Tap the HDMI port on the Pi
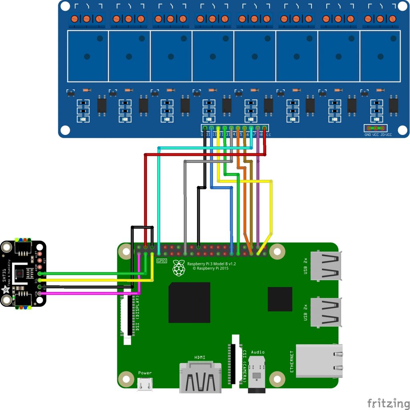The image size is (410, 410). pos(201,377)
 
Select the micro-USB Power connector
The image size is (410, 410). pos(145,384)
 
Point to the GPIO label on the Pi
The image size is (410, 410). pos(162,261)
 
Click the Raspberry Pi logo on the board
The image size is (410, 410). pos(179,268)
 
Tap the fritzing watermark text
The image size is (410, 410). pos(386,402)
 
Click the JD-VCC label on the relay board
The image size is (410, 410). pos(386,135)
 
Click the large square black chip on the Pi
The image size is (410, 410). pos(189,302)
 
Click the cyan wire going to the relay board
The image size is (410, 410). pos(159,200)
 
